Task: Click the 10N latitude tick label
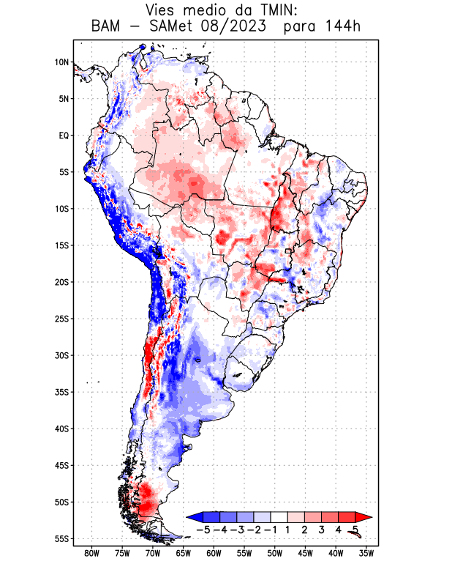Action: [x=61, y=62]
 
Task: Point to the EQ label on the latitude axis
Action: [x=64, y=136]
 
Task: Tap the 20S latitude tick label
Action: [x=61, y=282]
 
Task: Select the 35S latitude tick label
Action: [x=61, y=392]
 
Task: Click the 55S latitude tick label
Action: [x=61, y=538]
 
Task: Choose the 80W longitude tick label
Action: [x=91, y=553]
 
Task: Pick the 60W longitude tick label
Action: [x=214, y=553]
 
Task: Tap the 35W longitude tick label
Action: [x=366, y=553]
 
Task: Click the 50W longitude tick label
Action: [x=275, y=553]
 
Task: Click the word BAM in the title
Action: [x=107, y=27]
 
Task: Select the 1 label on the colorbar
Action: [x=288, y=530]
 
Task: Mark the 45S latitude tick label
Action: [x=61, y=465]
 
